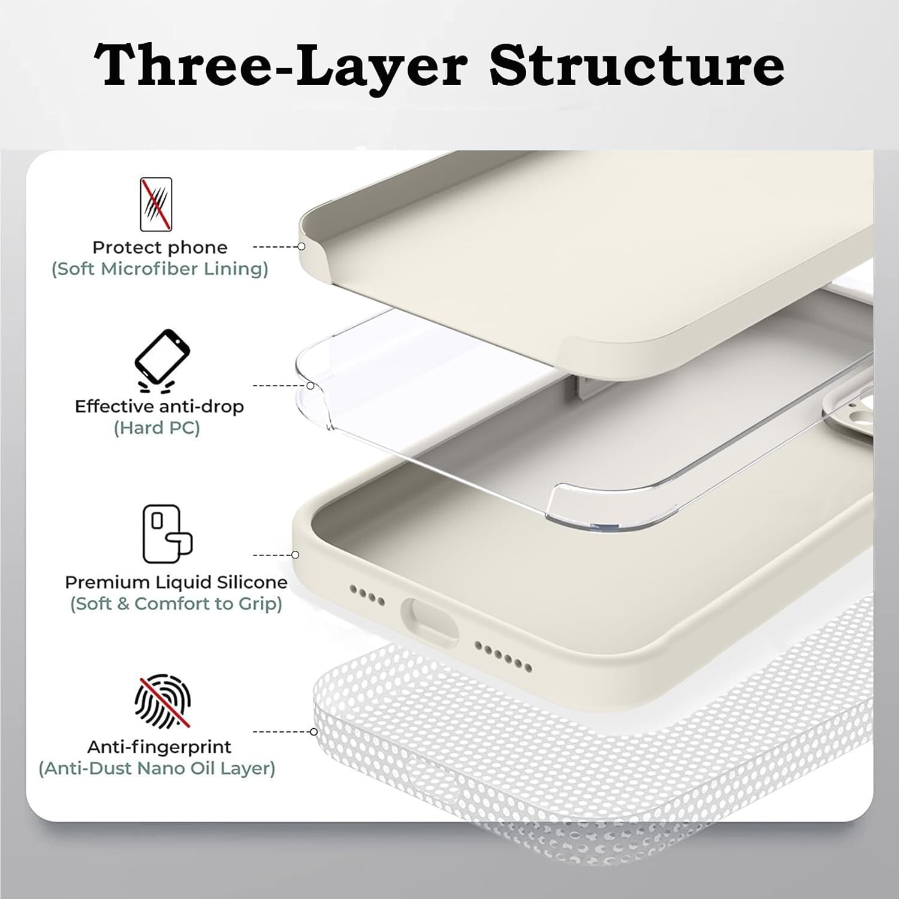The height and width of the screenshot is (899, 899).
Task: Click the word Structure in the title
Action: tap(636, 66)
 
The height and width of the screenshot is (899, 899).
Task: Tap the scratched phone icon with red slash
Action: tap(156, 204)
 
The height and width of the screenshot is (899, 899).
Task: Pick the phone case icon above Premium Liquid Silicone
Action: tap(167, 534)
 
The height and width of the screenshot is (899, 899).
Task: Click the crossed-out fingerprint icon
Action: tap(162, 701)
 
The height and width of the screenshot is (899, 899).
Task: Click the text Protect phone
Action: tap(160, 248)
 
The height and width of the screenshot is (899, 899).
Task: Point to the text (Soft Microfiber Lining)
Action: tap(160, 269)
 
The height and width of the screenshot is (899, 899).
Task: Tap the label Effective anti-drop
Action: tap(159, 406)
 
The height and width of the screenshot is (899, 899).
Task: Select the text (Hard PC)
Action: tap(156, 428)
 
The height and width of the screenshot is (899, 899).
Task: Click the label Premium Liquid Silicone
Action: tap(176, 582)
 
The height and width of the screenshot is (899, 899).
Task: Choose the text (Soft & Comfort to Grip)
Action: tap(176, 604)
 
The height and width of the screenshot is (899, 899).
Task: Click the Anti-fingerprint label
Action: tap(159, 747)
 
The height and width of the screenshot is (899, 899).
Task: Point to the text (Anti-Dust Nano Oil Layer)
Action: tap(157, 768)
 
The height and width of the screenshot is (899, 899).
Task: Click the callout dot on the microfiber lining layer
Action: tap(302, 246)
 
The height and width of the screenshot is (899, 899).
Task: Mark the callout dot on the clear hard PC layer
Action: tap(310, 385)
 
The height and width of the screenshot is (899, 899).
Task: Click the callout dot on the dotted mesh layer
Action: tap(313, 732)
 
